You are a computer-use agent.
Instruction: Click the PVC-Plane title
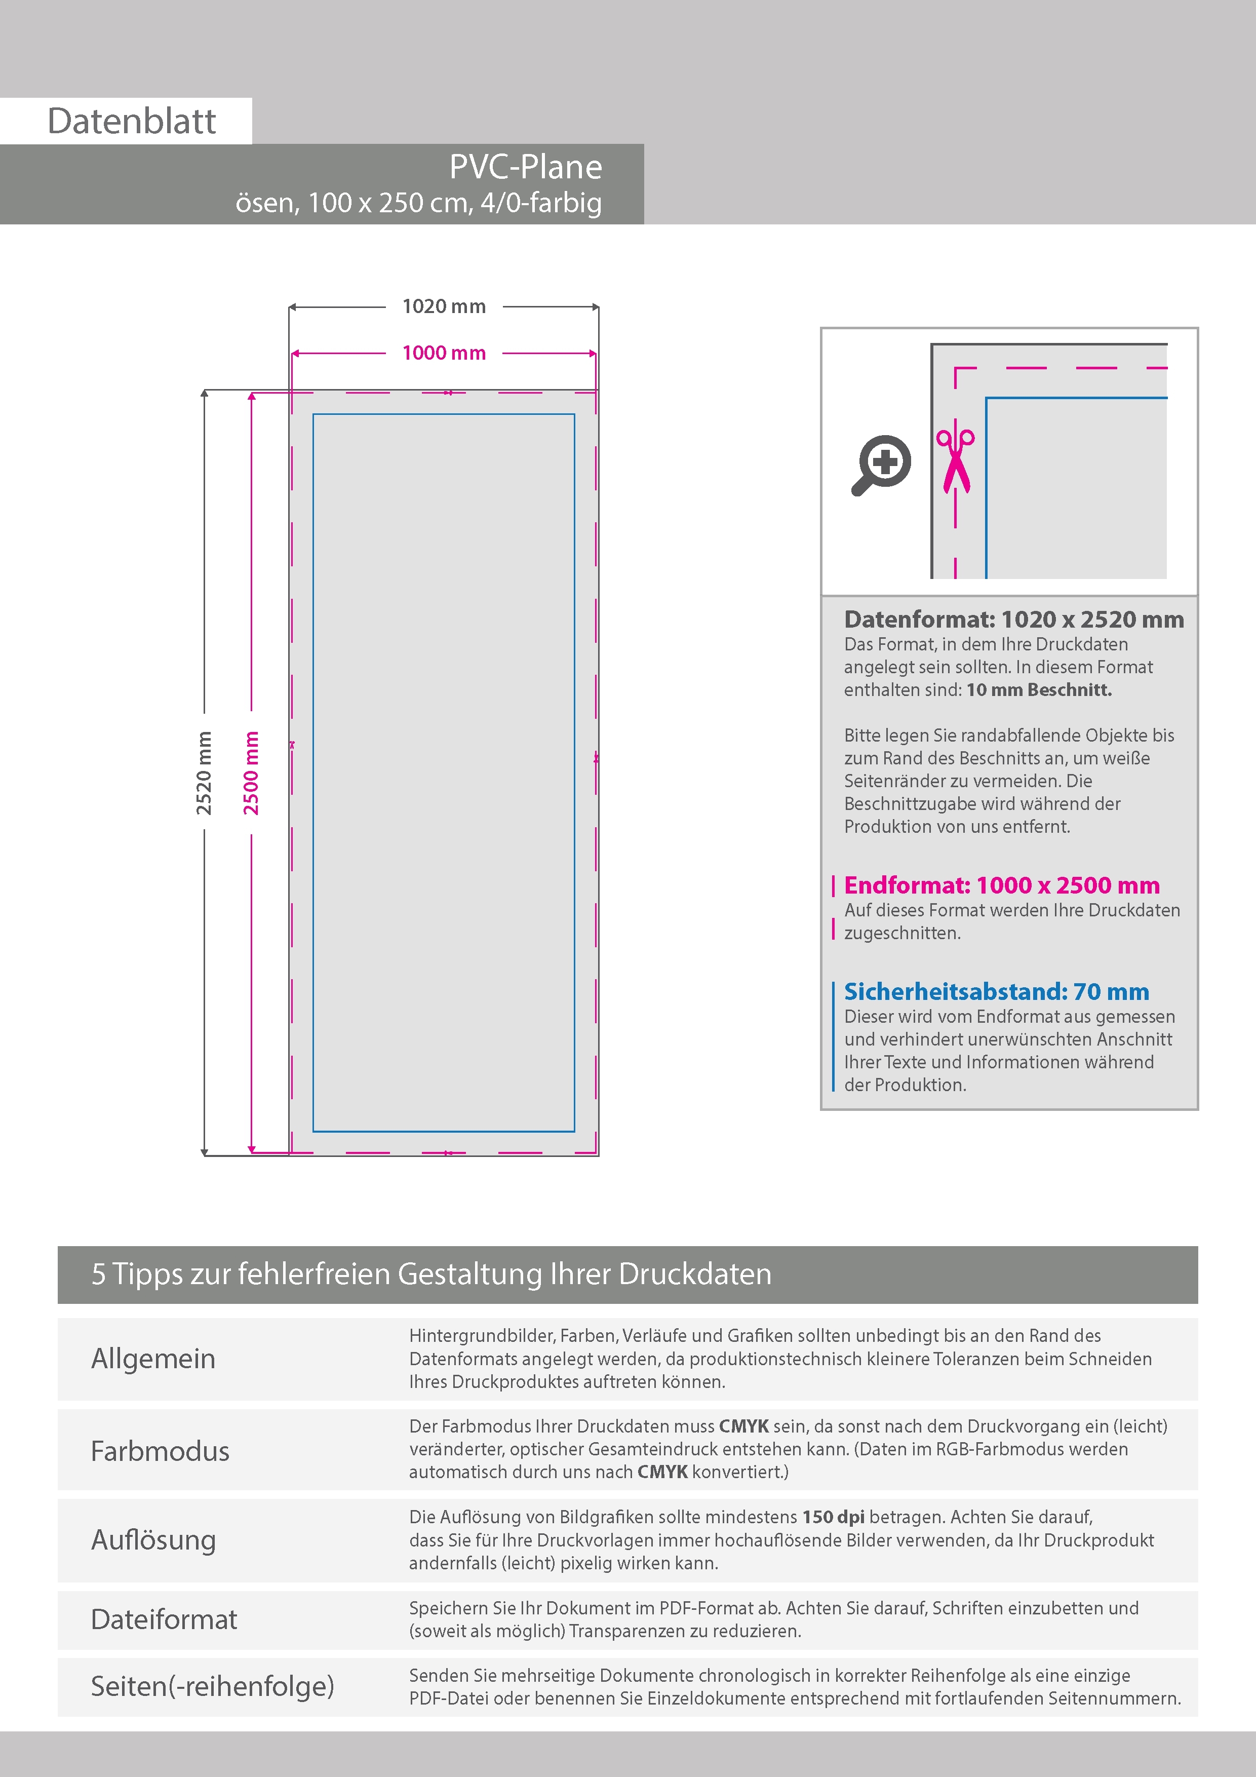coord(526,167)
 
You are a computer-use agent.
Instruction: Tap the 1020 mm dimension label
coord(444,306)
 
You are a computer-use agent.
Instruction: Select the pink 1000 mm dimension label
coord(444,353)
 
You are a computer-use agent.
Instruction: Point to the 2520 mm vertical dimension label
coord(204,772)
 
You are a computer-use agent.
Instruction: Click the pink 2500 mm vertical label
coord(252,772)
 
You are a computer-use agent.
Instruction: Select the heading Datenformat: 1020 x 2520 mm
coord(1014,619)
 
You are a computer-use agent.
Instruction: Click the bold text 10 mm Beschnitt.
coord(1039,689)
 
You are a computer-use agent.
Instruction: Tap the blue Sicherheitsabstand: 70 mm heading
coord(996,991)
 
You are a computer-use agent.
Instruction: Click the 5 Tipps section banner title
coord(431,1274)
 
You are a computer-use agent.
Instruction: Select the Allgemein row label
coord(153,1358)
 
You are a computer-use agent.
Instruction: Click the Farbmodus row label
coord(160,1450)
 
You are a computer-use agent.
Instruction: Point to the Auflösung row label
coord(153,1539)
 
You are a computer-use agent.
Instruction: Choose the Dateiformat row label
coord(164,1619)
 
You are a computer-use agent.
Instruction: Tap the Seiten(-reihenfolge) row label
coord(212,1686)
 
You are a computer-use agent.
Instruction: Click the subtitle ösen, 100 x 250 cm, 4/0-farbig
coord(418,203)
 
